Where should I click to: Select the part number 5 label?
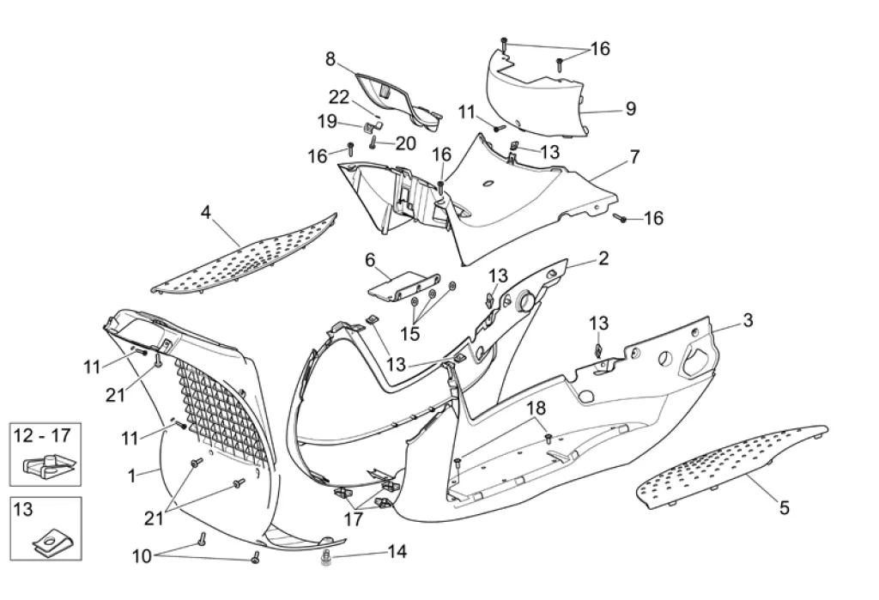784,507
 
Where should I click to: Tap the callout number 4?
206,211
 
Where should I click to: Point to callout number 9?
630,109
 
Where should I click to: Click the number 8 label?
330,58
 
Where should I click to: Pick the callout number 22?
339,96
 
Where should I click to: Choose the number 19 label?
327,121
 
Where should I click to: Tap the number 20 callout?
405,142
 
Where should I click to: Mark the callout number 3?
748,320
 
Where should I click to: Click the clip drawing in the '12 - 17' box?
45,467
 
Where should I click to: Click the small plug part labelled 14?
326,561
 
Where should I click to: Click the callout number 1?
131,475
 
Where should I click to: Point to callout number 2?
603,258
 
